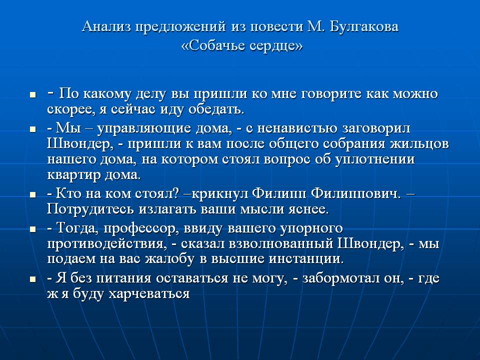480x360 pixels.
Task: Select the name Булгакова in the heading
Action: click(364, 27)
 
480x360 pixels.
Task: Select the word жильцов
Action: click(419, 144)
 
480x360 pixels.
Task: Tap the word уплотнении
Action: click(375, 160)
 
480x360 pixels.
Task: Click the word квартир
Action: click(74, 175)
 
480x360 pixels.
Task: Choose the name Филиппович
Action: click(355, 193)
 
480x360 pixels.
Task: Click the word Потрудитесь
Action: click(90, 209)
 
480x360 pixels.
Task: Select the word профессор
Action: click(141, 228)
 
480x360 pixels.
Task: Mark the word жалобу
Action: click(169, 259)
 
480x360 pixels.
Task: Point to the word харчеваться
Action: click(149, 294)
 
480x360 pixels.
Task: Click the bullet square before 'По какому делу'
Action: click(33, 95)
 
